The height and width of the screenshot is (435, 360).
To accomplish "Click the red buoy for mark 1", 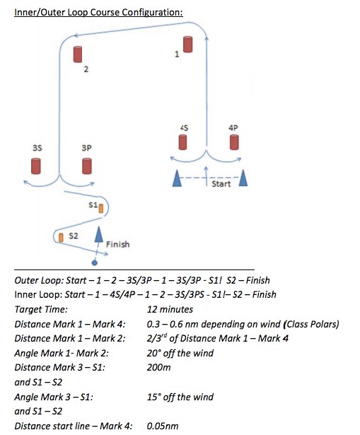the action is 187,45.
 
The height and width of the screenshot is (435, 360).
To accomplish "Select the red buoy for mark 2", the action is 78,54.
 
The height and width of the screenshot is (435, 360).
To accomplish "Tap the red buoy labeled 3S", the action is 36,166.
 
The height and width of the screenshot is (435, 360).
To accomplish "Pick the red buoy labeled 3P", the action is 87,166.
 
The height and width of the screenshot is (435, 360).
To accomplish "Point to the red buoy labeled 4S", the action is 182,142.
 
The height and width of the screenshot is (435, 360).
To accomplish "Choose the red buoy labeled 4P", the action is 234,142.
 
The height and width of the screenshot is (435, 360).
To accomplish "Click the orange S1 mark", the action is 101,209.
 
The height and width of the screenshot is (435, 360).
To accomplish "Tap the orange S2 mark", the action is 61,238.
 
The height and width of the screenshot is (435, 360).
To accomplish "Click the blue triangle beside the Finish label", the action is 98,234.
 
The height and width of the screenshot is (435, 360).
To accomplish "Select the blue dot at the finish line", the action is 95,262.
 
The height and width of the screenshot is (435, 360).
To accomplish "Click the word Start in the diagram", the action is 221,184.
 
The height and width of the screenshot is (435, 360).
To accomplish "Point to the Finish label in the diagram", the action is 117,244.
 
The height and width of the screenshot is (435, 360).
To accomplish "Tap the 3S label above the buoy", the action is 37,148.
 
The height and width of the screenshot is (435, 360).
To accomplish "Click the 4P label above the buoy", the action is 233,127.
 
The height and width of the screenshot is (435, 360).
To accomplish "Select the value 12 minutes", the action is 170,309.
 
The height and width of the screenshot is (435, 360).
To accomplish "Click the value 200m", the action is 158,367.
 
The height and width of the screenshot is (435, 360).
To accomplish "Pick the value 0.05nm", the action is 163,426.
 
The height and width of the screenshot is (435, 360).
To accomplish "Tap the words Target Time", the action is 41,309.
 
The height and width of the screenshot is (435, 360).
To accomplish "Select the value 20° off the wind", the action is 180,353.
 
